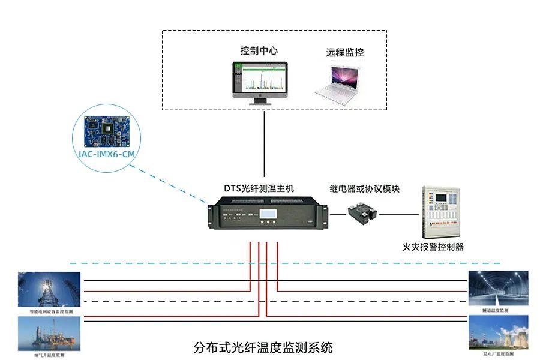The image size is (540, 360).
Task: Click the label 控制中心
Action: (x=259, y=51)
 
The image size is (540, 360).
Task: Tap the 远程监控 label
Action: (x=345, y=52)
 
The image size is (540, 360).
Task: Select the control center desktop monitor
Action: (x=260, y=81)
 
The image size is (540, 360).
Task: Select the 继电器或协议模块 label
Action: (x=365, y=188)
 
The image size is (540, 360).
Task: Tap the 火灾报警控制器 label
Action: (x=433, y=246)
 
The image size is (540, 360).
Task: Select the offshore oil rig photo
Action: (x=49, y=334)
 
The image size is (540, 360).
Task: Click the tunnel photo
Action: (x=498, y=288)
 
